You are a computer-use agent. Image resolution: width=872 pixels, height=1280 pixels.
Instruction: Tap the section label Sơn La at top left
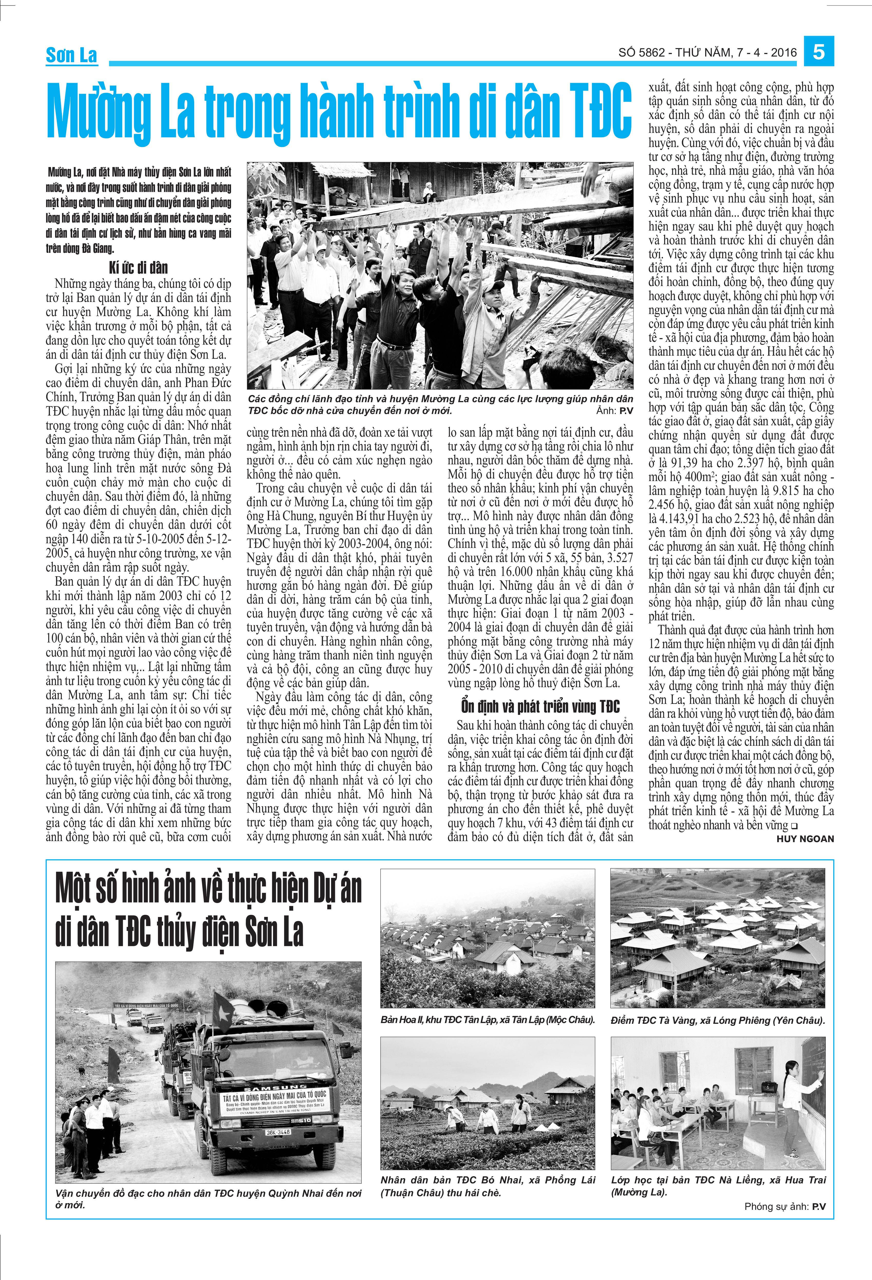(x=72, y=55)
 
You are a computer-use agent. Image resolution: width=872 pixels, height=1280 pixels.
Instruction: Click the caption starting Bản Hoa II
(x=488, y=1019)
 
